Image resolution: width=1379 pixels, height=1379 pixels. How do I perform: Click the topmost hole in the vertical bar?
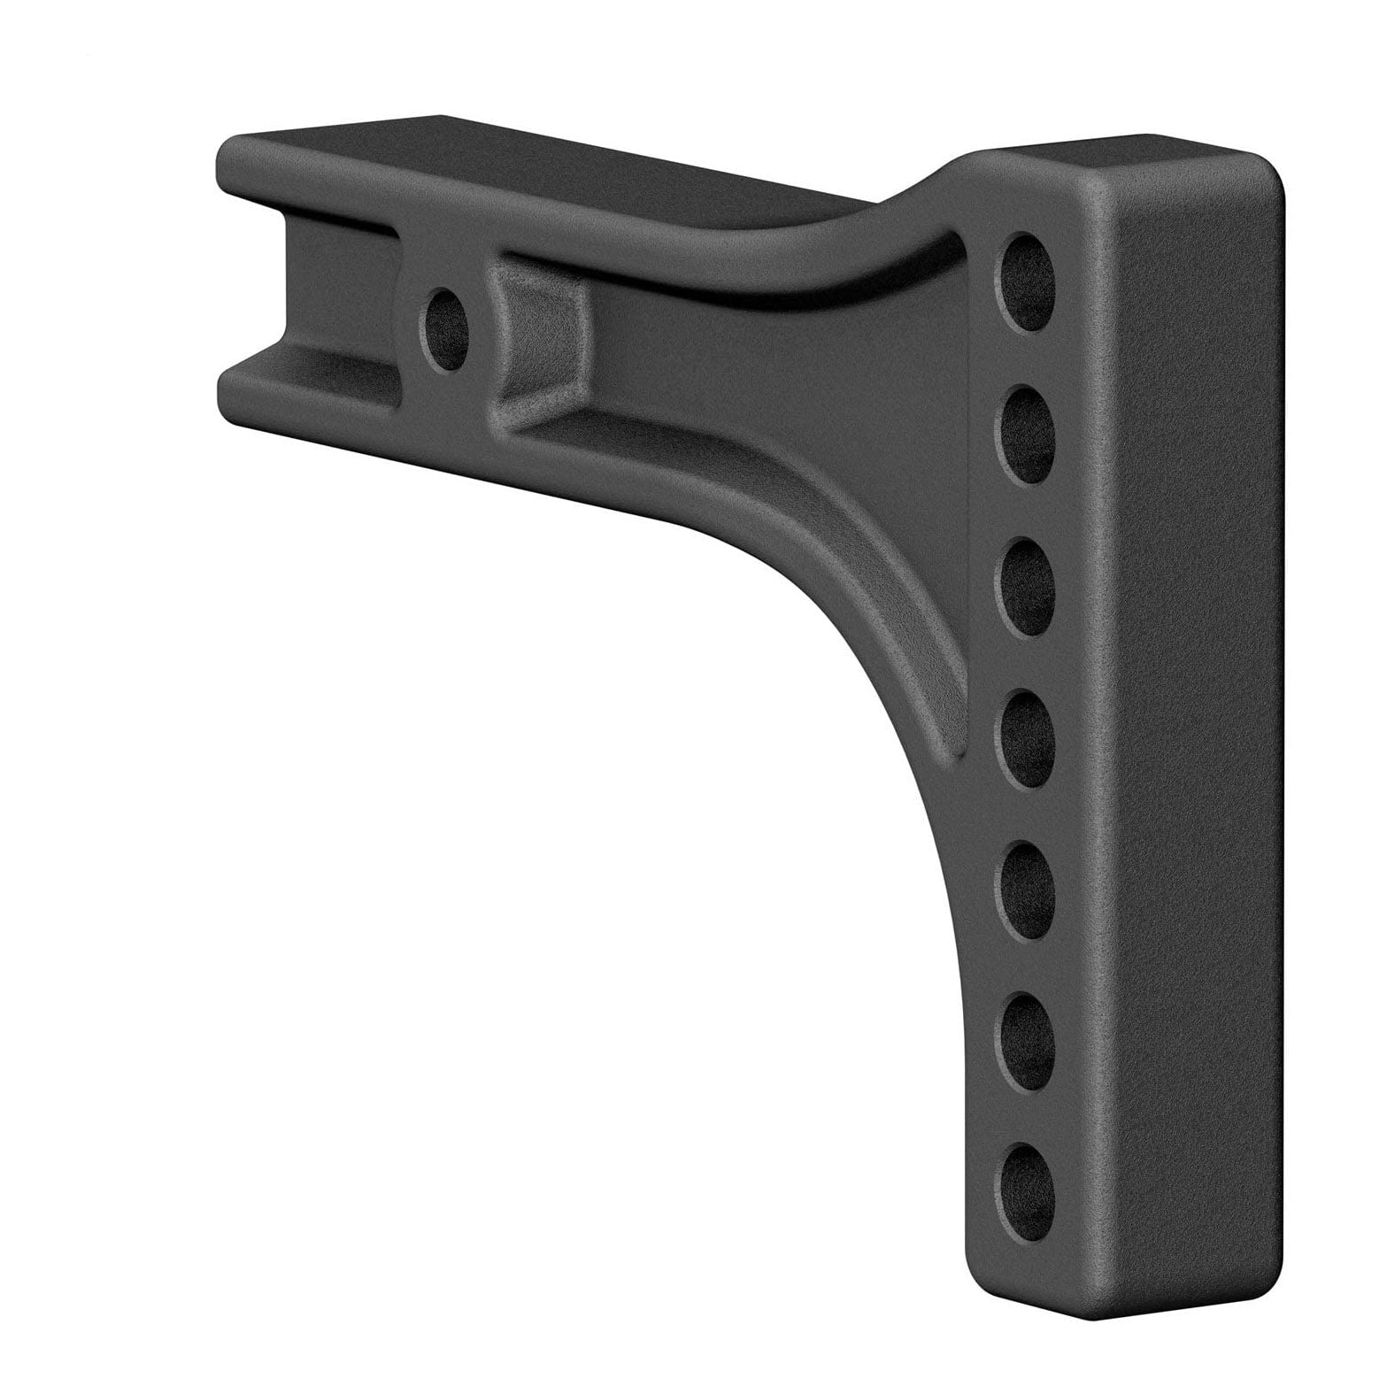(x=1031, y=281)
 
